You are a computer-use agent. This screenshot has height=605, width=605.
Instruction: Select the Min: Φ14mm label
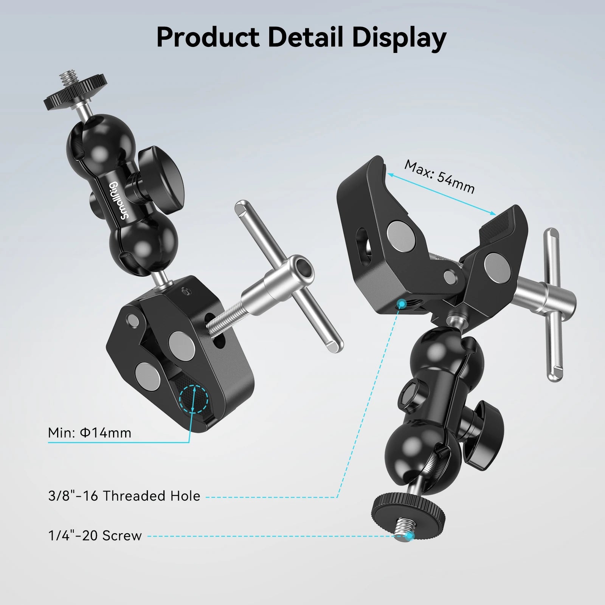pyautogui.click(x=90, y=433)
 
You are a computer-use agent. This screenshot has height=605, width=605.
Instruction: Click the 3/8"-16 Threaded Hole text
pyautogui.click(x=124, y=496)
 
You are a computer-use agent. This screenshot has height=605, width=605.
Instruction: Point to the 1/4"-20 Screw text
pyautogui.click(x=95, y=535)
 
